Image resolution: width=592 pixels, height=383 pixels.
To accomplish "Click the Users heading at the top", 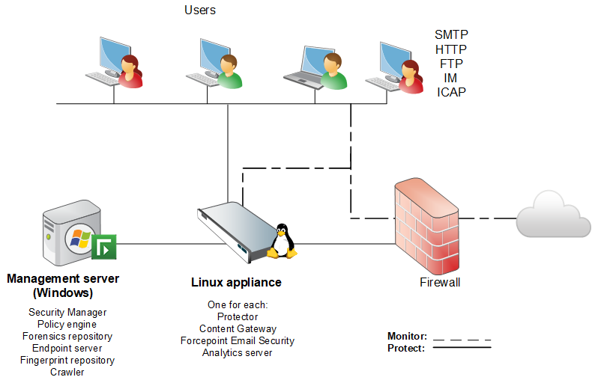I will click(200, 10).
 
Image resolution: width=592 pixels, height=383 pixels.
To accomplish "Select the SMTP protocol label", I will click(451, 35).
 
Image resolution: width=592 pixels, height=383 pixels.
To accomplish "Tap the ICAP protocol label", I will click(451, 92).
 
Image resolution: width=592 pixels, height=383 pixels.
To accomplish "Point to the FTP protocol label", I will click(451, 64).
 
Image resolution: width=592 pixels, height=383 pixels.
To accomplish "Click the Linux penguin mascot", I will click(282, 241).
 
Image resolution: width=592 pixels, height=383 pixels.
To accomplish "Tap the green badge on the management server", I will click(103, 246).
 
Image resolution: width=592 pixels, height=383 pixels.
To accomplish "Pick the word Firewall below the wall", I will click(440, 283).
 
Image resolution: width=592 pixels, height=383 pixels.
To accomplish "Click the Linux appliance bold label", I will click(236, 283).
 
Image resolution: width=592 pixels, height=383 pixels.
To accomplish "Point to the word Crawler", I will click(67, 372).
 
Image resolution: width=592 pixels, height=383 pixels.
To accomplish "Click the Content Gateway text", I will click(238, 328).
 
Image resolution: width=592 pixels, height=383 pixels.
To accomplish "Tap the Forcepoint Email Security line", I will click(238, 340).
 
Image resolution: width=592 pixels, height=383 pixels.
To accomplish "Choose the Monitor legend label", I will click(407, 336).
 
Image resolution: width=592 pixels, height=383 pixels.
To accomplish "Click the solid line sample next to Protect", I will click(462, 348).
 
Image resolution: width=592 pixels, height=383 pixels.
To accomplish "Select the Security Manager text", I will click(67, 312).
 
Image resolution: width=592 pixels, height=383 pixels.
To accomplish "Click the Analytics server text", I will click(238, 352).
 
